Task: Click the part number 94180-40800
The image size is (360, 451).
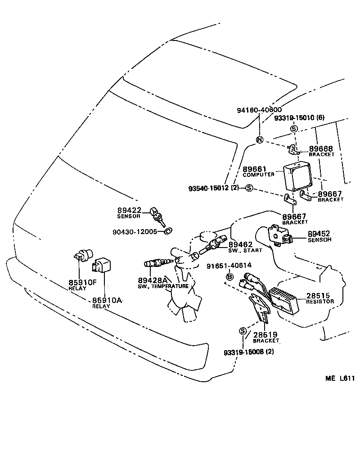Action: point(259,110)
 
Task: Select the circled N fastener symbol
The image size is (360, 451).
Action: point(259,140)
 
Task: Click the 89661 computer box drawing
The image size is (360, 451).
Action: point(297,176)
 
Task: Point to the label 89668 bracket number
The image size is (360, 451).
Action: point(321,149)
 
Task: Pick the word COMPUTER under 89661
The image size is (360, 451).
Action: point(258,175)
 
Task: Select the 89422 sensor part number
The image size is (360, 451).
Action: point(130,210)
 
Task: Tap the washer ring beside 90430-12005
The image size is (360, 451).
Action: point(167,232)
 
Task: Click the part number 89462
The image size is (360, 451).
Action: point(241,245)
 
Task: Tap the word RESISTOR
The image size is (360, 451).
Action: point(320,302)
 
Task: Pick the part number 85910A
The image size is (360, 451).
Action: point(108,300)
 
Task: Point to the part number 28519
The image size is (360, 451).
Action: point(265,335)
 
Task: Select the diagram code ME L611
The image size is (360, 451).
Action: point(340,379)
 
